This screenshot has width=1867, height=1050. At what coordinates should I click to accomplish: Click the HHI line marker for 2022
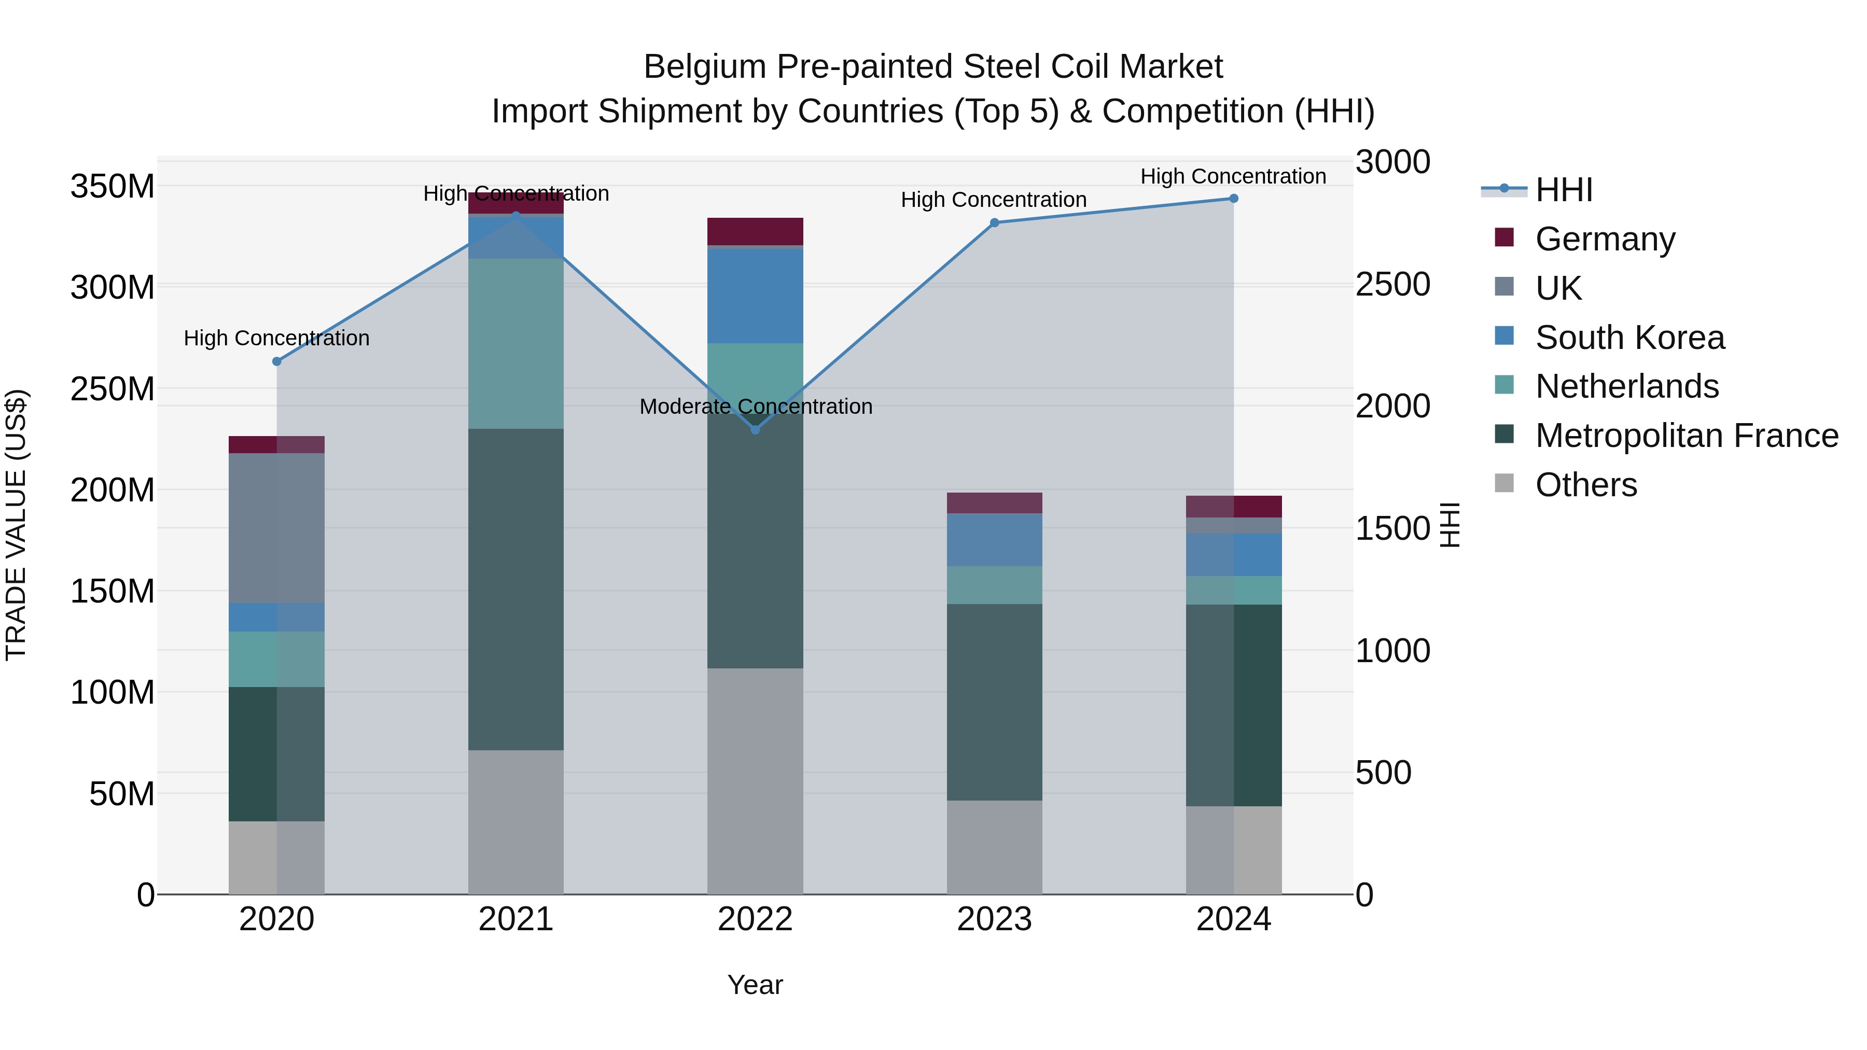755,430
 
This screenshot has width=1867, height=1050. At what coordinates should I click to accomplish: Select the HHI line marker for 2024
1234,199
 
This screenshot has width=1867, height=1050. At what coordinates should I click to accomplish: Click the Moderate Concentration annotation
755,407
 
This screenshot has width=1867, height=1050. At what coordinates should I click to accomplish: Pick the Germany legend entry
1605,239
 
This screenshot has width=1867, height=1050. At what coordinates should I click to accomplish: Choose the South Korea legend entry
1629,338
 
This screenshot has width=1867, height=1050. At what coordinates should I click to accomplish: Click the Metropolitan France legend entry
1686,436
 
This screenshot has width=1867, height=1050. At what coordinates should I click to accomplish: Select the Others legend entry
1586,485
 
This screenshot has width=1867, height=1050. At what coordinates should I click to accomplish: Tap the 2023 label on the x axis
994,919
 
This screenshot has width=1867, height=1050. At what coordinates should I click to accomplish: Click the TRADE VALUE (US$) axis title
16,525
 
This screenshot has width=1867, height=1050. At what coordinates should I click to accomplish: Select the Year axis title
755,985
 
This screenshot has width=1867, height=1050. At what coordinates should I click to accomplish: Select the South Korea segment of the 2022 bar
755,295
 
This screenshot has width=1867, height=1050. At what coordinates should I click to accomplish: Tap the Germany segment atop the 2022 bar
755,231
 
